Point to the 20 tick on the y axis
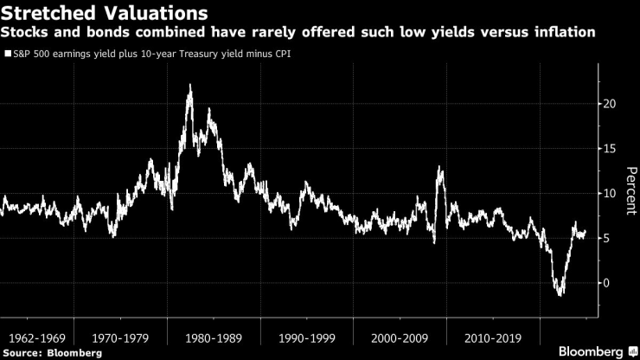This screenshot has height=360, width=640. pyautogui.click(x=611, y=104)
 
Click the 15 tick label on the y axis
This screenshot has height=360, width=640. pyautogui.click(x=611, y=149)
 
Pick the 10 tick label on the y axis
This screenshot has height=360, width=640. pyautogui.click(x=611, y=193)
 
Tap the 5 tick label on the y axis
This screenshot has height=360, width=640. pyautogui.click(x=608, y=238)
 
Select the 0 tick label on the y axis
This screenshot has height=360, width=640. pyautogui.click(x=608, y=283)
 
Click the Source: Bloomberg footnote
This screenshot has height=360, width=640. pyautogui.click(x=52, y=352)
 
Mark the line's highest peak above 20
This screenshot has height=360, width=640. pyautogui.click(x=189, y=86)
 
